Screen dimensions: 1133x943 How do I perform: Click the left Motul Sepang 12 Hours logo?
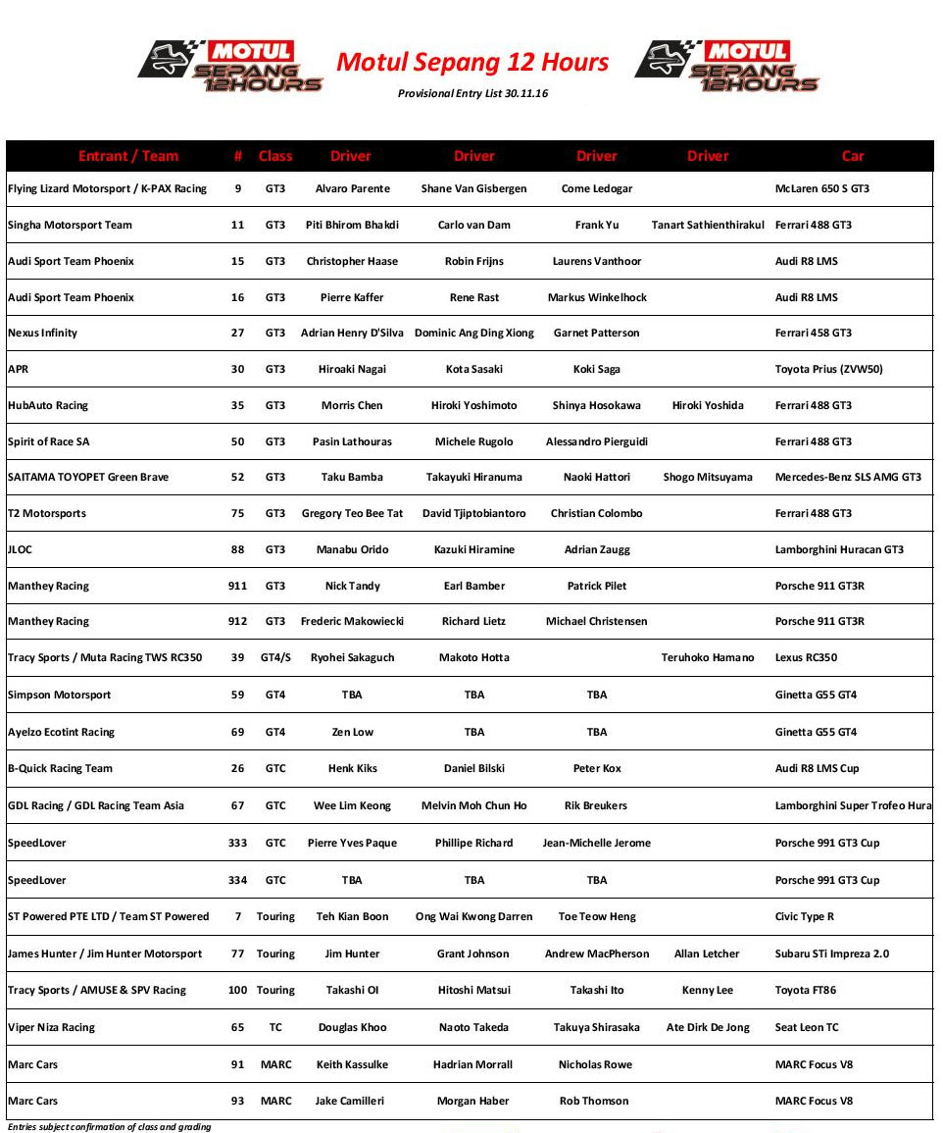(231, 66)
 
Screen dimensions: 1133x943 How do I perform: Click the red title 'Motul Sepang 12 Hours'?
(472, 63)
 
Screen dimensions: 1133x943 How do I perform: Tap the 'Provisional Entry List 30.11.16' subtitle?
(472, 93)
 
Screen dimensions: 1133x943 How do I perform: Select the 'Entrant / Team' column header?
(128, 156)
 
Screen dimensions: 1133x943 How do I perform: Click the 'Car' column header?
(853, 156)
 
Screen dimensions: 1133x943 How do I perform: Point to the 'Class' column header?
(275, 156)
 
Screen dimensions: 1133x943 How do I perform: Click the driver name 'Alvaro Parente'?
(352, 188)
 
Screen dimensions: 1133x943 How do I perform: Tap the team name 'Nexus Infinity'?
(42, 333)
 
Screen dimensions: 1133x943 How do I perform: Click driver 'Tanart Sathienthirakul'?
(708, 225)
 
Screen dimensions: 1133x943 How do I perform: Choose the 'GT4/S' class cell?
(275, 657)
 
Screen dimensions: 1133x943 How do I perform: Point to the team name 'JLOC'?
(20, 549)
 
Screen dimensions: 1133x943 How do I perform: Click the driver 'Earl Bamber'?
(474, 586)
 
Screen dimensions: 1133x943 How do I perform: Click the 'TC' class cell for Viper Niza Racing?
(275, 1027)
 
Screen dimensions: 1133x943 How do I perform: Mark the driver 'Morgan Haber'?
(473, 1101)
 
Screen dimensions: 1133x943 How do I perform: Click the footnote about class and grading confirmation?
(110, 1127)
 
